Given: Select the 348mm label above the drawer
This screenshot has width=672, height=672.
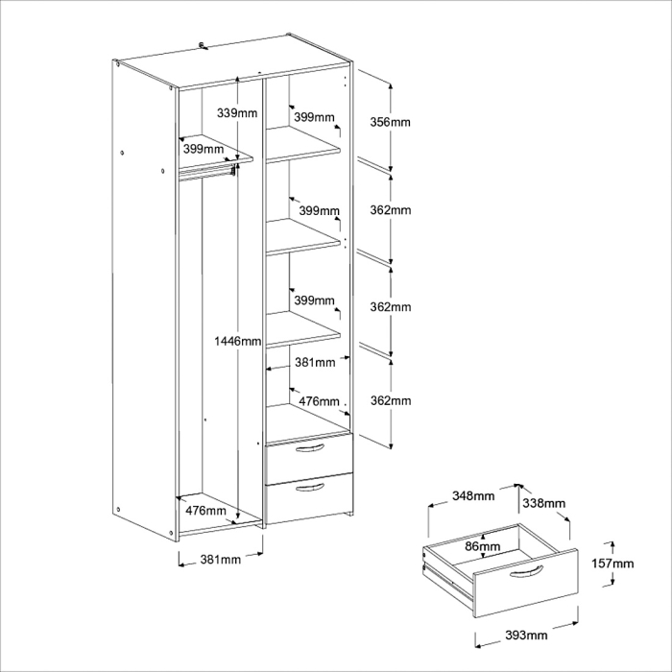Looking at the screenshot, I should (473, 496).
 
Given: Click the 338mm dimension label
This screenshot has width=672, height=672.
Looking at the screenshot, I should (542, 503).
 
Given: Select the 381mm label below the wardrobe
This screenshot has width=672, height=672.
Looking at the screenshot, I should (219, 561).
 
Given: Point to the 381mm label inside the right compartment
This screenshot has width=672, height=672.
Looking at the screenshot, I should (314, 363).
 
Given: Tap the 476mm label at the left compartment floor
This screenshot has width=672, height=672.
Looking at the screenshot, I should (204, 510).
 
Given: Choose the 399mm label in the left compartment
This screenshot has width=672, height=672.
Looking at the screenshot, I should (204, 150).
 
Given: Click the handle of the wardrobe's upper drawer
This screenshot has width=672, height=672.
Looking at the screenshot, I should (308, 449).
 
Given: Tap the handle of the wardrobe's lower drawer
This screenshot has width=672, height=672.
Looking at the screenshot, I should (309, 489).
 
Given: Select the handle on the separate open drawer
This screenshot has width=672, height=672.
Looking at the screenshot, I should (527, 573).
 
